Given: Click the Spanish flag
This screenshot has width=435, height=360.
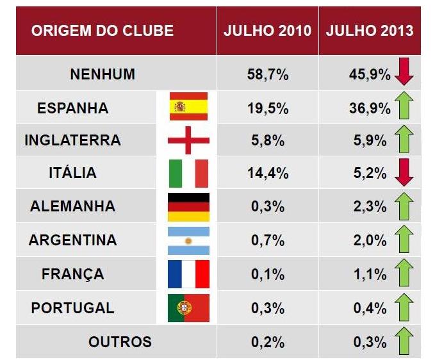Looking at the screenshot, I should [x=188, y=106].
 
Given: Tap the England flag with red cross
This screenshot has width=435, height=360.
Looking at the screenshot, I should [x=188, y=140].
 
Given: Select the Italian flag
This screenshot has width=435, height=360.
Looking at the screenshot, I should [x=188, y=173].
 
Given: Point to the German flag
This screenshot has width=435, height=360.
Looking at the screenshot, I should [x=188, y=206].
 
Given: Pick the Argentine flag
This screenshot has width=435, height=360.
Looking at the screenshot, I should [x=188, y=240].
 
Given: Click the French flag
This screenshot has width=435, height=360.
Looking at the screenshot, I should [x=188, y=274].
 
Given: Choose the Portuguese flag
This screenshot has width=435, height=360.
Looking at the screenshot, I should [x=188, y=308].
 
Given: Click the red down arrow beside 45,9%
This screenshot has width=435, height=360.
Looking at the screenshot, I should [x=404, y=72].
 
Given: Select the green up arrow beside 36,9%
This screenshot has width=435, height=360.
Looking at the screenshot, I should [x=404, y=106].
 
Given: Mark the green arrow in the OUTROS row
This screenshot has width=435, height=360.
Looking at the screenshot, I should [x=404, y=341].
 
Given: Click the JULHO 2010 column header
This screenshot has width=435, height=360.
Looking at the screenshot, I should [x=267, y=31].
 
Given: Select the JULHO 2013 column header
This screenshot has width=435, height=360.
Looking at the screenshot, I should [x=370, y=31].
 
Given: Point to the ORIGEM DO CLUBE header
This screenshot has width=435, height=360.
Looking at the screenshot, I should [x=103, y=31].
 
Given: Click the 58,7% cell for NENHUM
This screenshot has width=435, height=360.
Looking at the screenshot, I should [x=267, y=74].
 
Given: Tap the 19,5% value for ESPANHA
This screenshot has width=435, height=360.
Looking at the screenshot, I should [x=267, y=108].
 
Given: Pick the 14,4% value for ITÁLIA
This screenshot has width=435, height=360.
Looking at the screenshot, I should [x=267, y=173].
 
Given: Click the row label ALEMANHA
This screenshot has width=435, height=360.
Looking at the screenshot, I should [x=72, y=207].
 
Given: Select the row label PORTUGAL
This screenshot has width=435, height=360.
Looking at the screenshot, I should [x=72, y=308].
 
